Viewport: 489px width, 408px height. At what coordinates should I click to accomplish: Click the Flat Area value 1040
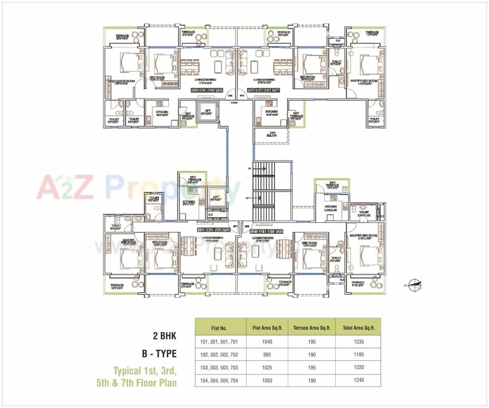[x=267, y=342]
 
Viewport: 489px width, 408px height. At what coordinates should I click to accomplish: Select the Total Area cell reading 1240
[x=358, y=380]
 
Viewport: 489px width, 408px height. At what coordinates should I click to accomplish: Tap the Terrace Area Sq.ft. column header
[x=312, y=328]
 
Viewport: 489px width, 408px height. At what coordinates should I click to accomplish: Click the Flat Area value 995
[x=267, y=355]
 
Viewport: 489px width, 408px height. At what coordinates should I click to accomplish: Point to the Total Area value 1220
[x=358, y=367]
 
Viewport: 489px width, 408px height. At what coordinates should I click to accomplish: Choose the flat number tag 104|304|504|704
[x=264, y=90]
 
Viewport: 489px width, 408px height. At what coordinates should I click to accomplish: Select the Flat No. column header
[x=219, y=328]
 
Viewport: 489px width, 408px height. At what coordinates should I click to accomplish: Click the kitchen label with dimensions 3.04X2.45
[x=330, y=209]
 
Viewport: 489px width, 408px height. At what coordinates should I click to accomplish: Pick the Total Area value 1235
[x=358, y=342]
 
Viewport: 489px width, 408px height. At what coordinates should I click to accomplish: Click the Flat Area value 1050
[x=267, y=381]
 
